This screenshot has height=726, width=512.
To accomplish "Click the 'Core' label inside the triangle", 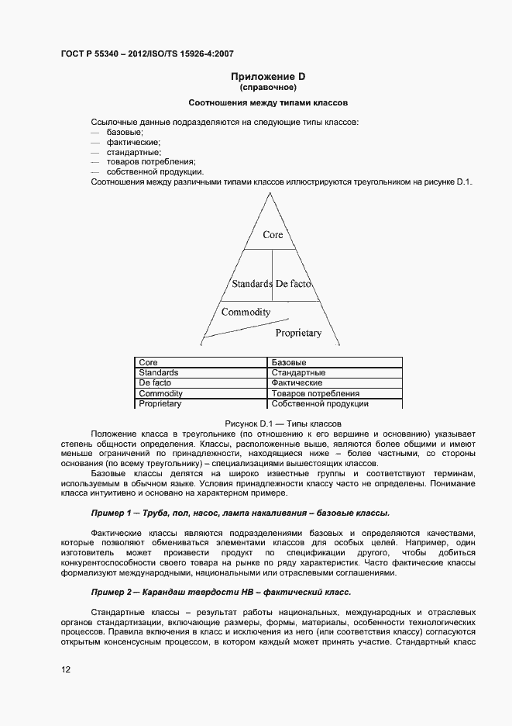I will pyautogui.click(x=273, y=234).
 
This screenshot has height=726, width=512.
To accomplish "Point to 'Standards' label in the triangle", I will pyautogui.click(x=252, y=284).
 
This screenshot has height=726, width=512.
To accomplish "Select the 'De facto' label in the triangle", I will pyautogui.click(x=293, y=284).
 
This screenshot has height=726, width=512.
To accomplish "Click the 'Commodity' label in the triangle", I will pyautogui.click(x=246, y=312).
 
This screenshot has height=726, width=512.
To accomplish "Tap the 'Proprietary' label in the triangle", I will pyautogui.click(x=298, y=333).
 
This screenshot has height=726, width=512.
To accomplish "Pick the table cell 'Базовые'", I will pyautogui.click(x=289, y=362).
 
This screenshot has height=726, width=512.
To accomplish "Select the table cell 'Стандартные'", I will pyautogui.click(x=298, y=373).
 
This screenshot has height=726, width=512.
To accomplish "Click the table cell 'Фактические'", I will pyautogui.click(x=297, y=383).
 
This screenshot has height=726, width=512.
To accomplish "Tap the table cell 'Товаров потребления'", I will pyautogui.click(x=314, y=394).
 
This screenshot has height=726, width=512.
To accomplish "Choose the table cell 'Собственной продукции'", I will pyautogui.click(x=319, y=404).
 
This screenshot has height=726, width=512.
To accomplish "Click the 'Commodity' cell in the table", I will pyautogui.click(x=160, y=394).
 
